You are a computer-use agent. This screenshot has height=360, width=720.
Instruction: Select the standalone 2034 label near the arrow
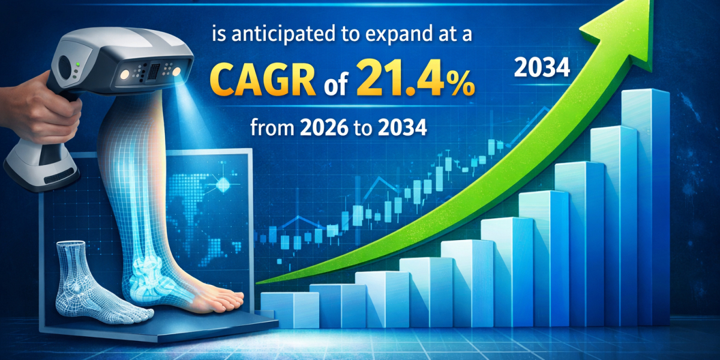click(542, 68)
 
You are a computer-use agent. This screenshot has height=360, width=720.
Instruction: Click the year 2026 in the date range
click(324, 128)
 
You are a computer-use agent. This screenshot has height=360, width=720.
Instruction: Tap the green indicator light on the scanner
click(77, 64)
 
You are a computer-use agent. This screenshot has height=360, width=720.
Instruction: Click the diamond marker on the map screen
click(223, 185)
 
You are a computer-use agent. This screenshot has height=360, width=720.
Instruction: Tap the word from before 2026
click(272, 128)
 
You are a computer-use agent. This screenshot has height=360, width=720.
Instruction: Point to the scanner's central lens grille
click(154, 71)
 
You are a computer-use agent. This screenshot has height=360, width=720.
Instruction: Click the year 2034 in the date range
click(403, 128)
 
